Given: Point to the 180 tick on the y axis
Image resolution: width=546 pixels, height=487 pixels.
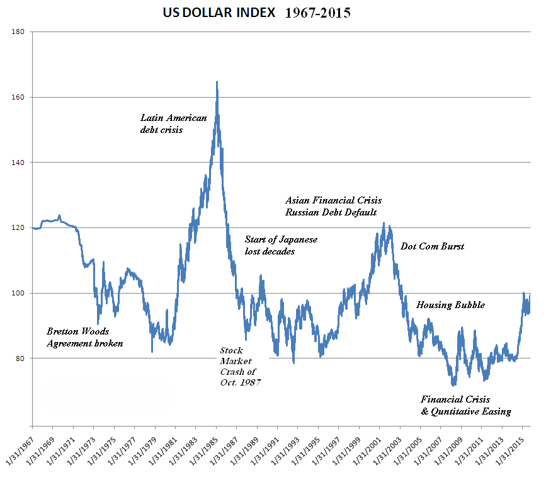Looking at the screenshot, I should (x=18, y=32).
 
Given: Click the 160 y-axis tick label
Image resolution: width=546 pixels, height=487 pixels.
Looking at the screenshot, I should (x=18, y=97).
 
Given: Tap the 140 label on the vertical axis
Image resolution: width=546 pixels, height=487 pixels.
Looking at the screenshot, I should (x=18, y=163).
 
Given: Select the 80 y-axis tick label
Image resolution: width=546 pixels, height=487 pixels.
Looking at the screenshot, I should (x=20, y=358).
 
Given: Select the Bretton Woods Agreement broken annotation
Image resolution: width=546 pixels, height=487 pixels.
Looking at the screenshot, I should (x=85, y=337).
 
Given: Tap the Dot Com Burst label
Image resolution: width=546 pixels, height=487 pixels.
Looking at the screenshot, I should (x=432, y=246).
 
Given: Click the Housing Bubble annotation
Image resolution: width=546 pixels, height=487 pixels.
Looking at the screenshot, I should (x=450, y=305).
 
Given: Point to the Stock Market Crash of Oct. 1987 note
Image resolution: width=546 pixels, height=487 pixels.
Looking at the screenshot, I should (x=240, y=366).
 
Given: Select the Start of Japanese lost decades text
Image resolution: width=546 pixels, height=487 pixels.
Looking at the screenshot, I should (x=281, y=245).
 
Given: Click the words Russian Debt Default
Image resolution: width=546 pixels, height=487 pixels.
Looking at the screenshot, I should (x=331, y=212).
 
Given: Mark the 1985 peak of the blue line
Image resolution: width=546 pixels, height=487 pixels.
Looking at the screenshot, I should (x=217, y=82).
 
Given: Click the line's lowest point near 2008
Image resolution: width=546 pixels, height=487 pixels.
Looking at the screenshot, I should (x=453, y=385).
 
